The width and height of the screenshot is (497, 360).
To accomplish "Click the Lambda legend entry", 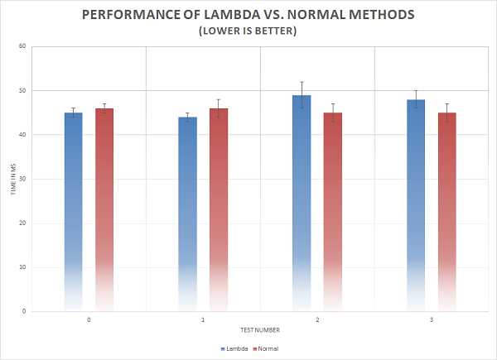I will pyautogui.click(x=235, y=348).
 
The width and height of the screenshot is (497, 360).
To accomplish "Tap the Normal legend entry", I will pyautogui.click(x=267, y=348).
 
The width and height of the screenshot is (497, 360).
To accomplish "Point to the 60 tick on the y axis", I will pyautogui.click(x=23, y=46).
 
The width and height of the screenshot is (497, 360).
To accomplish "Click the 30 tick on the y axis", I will pyautogui.click(x=23, y=179).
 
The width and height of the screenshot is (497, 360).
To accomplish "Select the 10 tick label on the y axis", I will pyautogui.click(x=23, y=267).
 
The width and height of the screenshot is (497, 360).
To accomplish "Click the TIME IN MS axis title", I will pyautogui.click(x=11, y=179).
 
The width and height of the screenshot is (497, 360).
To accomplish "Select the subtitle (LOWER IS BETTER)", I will pyautogui.click(x=248, y=31).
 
